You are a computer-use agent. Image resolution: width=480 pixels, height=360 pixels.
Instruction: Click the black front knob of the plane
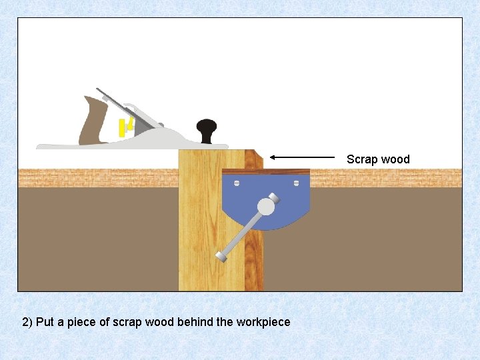(x=207, y=127)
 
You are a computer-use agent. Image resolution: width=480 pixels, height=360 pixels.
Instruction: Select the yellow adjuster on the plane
(x=123, y=127)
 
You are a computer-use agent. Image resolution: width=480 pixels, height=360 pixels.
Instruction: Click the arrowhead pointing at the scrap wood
(x=274, y=157)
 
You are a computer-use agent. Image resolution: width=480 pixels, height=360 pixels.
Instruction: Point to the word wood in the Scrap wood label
(x=396, y=159)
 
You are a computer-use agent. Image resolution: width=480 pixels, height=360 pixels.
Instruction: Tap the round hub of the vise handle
(x=266, y=207)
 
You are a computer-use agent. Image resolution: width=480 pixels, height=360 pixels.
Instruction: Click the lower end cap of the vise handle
(x=221, y=256)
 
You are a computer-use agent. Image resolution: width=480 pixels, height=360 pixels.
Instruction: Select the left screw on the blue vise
(x=235, y=181)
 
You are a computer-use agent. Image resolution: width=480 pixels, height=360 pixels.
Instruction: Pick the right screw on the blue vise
(x=298, y=181)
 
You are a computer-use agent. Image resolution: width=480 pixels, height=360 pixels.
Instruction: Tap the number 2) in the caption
(x=27, y=322)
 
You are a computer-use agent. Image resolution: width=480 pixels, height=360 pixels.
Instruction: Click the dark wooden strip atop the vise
(x=267, y=171)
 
